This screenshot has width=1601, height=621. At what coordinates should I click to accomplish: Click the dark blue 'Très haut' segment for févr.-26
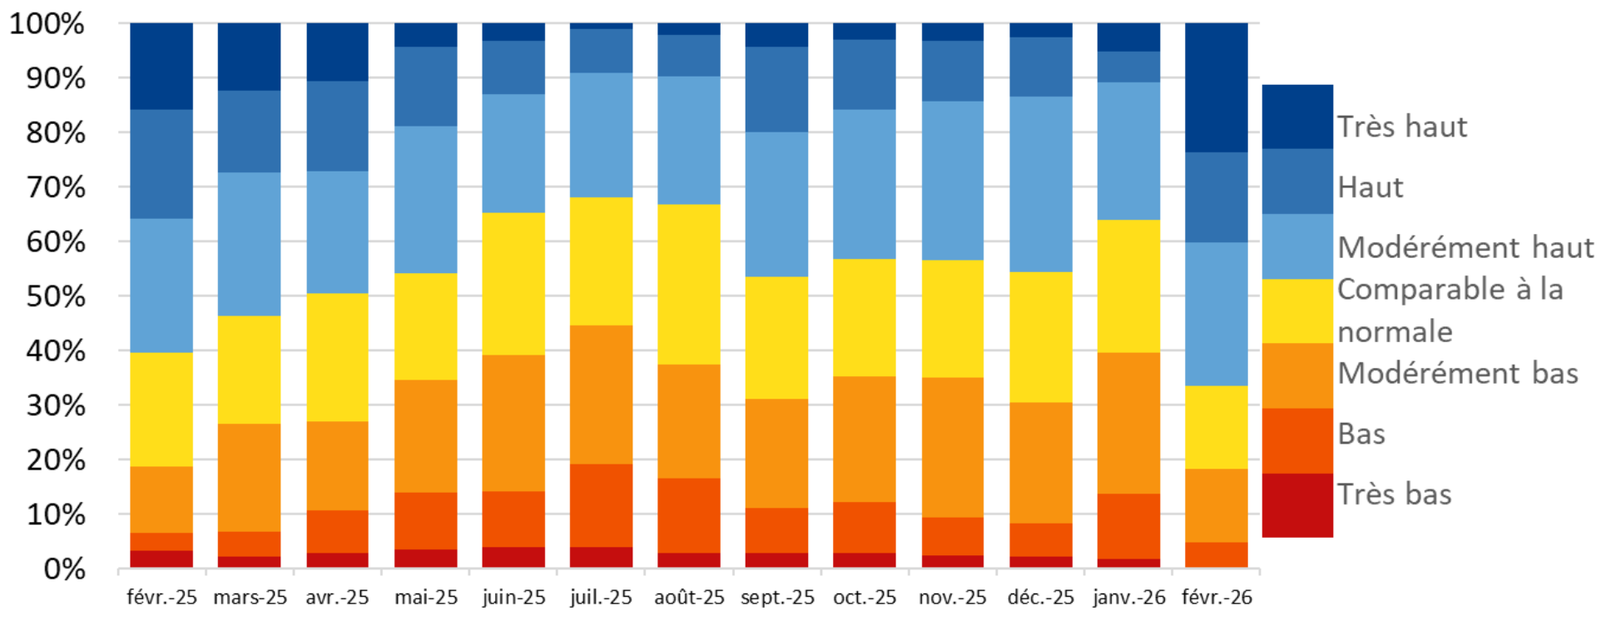coord(1216,87)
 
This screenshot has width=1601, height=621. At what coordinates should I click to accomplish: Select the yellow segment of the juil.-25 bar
coord(601,261)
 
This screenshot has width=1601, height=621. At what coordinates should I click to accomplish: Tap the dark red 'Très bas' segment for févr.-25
coord(161,559)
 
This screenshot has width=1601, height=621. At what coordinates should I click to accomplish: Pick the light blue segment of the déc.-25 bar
coord(1040,184)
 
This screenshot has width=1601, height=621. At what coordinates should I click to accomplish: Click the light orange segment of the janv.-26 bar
coord(1128,423)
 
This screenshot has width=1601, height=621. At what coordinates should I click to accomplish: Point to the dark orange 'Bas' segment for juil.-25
coord(601,505)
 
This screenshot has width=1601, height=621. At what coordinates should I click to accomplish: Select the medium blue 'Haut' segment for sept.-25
coord(776,89)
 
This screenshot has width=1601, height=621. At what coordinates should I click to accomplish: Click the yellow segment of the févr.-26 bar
coord(1216,427)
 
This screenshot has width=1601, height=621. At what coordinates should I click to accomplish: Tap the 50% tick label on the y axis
coord(56,296)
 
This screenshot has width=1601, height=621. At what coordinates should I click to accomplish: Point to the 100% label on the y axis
coord(47,23)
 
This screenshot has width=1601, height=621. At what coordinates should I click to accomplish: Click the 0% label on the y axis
coord(64,569)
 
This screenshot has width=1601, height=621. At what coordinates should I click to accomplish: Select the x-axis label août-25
coord(689,598)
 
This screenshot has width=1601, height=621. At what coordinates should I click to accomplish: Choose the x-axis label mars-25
coord(250,598)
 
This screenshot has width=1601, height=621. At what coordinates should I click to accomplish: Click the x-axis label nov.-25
coord(952,598)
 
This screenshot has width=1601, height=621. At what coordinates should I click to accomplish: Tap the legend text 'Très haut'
coord(1402,127)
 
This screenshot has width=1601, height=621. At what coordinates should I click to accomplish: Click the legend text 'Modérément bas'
coord(1458,373)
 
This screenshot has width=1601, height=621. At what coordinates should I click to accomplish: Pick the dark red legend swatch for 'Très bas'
coord(1297,505)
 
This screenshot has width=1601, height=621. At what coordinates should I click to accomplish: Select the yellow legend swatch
coord(1297,311)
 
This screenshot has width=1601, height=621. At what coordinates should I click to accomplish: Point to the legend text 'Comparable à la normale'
coord(1450,310)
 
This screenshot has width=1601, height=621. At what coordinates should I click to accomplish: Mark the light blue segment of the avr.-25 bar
coord(337,232)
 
